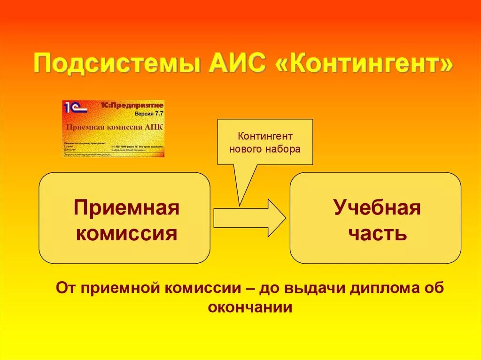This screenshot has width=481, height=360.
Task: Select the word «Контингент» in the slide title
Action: click(366, 64)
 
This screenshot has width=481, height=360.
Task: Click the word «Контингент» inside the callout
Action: click(265, 136)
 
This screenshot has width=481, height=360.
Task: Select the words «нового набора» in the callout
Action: click(265, 149)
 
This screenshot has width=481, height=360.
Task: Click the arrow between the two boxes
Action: click(249, 217)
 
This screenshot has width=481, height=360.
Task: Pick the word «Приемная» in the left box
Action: click(126, 208)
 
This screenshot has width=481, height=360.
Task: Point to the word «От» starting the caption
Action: click(66, 288)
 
